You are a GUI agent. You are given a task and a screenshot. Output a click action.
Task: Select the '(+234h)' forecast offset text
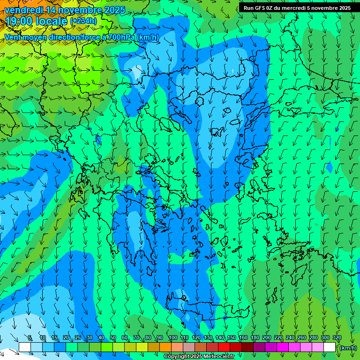[x=83, y=21]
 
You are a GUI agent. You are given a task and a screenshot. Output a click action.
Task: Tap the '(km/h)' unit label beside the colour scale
[x=348, y=348]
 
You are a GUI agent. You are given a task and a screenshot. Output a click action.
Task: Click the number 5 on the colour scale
[x=30, y=338]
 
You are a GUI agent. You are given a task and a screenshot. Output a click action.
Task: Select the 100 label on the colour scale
[x=172, y=338]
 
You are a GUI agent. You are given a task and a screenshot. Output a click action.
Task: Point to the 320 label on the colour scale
[x=337, y=338]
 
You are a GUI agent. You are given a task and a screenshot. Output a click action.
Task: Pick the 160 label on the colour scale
[x=243, y=338]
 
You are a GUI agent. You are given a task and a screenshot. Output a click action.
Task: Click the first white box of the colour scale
[x=25, y=347]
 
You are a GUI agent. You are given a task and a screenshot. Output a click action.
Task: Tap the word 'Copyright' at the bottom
[x=177, y=357]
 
